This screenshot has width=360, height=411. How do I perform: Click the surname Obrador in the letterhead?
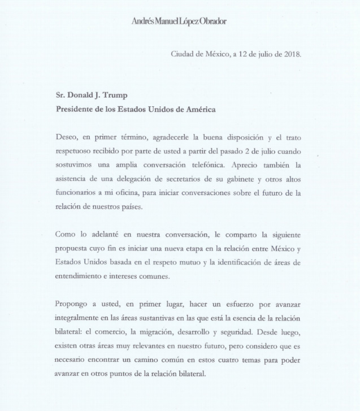point(212,21)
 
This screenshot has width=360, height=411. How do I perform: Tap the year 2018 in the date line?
point(292,54)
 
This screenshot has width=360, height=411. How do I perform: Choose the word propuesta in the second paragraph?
point(72,249)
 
